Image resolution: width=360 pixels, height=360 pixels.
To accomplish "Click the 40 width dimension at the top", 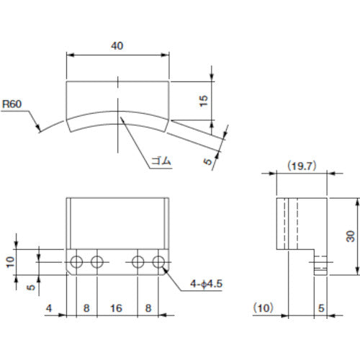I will click(x=118, y=45).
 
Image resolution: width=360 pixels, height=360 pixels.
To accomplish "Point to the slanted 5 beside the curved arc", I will click(x=209, y=163).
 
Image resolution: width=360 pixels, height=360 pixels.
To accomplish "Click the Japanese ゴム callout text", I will click(x=161, y=161).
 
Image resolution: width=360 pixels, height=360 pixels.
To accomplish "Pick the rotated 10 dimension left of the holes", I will click(x=9, y=261).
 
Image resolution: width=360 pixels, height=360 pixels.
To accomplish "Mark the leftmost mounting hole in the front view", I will click(x=78, y=260).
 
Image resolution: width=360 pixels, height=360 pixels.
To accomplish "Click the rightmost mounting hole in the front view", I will click(x=158, y=260).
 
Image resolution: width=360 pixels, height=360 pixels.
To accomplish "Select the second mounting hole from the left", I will click(x=95, y=260).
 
